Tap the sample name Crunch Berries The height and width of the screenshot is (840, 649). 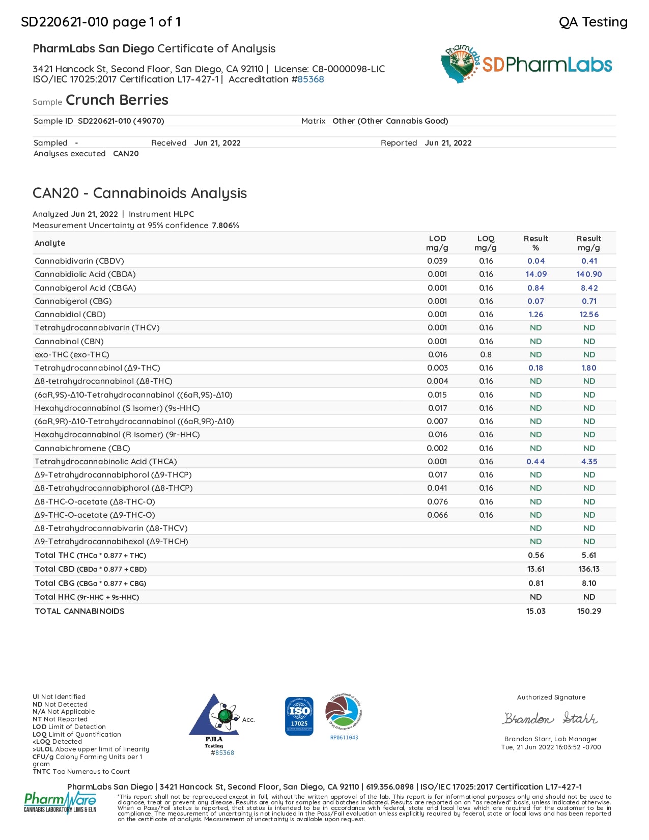(x=117, y=100)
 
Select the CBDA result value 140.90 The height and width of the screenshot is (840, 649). (x=589, y=274)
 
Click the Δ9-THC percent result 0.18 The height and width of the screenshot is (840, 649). (x=535, y=368)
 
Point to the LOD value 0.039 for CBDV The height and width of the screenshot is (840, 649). (x=437, y=261)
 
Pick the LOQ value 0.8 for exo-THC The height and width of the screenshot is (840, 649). (x=486, y=355)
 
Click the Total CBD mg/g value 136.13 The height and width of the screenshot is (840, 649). (x=589, y=569)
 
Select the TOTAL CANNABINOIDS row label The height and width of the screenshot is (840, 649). (x=79, y=611)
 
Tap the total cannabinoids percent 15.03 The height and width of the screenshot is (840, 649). (x=535, y=611)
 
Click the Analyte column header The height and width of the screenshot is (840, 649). (x=50, y=243)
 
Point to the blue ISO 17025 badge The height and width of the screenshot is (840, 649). (x=299, y=716)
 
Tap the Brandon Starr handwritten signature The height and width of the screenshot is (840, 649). (x=550, y=718)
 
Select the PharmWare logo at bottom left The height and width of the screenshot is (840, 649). (x=60, y=802)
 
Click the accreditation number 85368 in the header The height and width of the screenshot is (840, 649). (x=311, y=79)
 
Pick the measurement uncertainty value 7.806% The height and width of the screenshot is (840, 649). (x=225, y=226)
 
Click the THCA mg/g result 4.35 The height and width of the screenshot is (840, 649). (x=589, y=462)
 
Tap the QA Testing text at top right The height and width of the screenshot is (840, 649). (x=593, y=22)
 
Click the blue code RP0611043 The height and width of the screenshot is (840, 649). (x=344, y=738)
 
